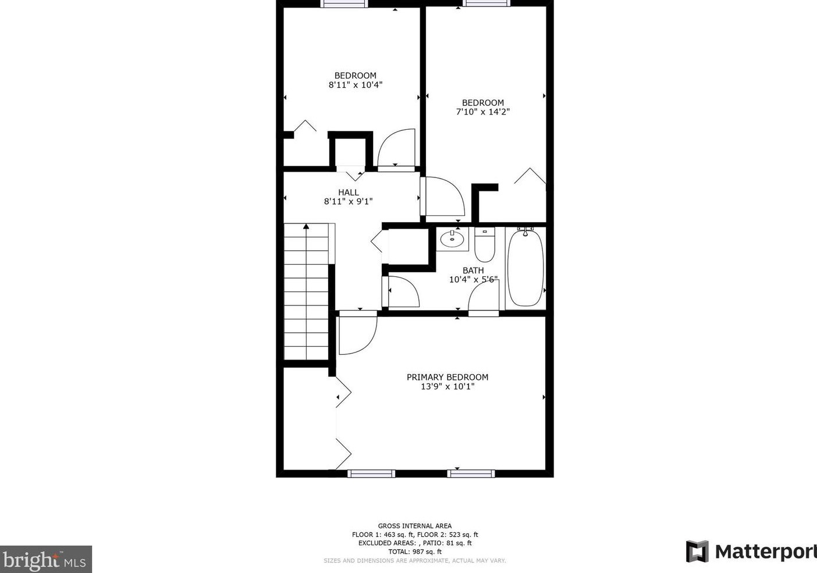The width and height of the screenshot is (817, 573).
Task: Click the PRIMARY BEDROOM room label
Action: coord(447,377)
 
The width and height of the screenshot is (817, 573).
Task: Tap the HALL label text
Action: coord(348,193)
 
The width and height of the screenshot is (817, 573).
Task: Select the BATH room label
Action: coord(473,271)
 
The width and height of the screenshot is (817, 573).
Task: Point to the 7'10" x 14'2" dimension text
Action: coord(482,112)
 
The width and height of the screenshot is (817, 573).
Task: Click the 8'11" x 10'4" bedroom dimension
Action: coord(355,85)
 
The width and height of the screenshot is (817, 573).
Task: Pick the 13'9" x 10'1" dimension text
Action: coord(447,386)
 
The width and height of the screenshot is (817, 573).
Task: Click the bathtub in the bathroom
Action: coord(525,268)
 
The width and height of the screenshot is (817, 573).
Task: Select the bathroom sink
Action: coord(452,239)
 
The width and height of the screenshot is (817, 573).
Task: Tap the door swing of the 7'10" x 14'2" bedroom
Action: coord(444,197)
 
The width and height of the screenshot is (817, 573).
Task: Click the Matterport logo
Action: coord(751,551)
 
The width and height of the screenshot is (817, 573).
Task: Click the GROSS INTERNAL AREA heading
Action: coord(414,526)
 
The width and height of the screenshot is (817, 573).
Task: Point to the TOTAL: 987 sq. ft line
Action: coord(414,551)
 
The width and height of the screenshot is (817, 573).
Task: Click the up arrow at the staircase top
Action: coord(306,227)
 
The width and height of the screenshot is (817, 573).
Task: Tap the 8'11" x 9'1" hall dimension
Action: coord(348,202)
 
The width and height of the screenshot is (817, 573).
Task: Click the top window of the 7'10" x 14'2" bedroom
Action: coord(486,3)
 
